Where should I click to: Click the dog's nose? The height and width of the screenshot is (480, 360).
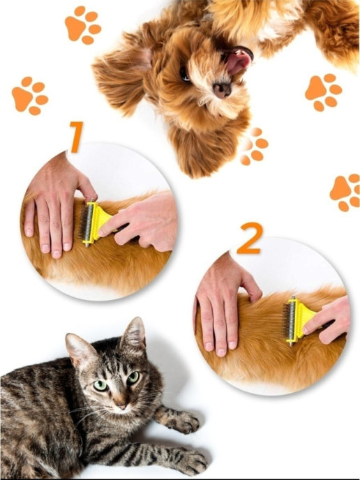(223, 89)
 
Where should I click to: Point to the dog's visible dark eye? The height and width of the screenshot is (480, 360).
(185, 74)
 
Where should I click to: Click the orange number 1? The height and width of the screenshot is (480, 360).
(76, 137)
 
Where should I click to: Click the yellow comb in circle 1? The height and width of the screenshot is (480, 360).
(93, 223)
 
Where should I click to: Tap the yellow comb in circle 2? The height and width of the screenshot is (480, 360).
(297, 320)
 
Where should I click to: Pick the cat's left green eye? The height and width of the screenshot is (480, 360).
(100, 385)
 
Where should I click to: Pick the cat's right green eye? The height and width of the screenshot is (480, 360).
(133, 377)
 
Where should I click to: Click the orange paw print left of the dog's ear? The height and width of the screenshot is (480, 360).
(30, 96)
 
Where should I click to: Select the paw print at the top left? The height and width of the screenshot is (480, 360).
(83, 25)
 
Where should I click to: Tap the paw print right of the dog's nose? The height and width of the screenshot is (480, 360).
(323, 93)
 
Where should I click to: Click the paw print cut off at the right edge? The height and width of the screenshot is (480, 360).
(345, 193)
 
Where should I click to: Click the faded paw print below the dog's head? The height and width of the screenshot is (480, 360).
(254, 147)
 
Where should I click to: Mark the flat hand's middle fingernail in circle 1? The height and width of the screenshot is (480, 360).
(56, 254)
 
